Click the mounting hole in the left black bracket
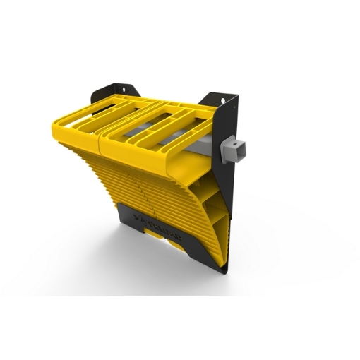click(x=124, y=90)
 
